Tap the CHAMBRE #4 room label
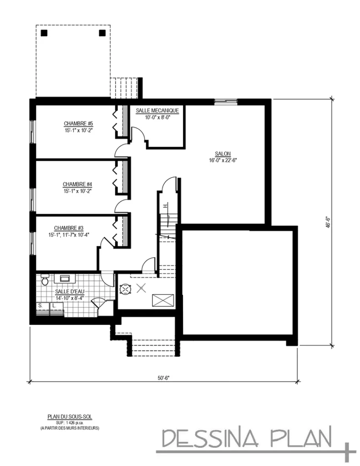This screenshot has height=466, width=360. (x=77, y=185)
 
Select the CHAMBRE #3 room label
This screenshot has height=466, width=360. (x=69, y=228)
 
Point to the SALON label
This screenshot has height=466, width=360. (x=223, y=154)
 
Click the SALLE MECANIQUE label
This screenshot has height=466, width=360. (x=157, y=111)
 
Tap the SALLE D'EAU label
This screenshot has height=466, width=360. (x=70, y=292)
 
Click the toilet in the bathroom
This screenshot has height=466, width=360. (x=45, y=280)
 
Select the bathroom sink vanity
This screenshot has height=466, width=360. (x=65, y=279)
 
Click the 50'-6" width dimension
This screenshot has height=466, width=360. (x=163, y=378)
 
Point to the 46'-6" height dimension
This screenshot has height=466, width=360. (x=328, y=222)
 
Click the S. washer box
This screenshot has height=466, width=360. (x=43, y=309)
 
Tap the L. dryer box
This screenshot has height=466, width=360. (x=56, y=309)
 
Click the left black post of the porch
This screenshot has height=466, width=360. (x=44, y=33)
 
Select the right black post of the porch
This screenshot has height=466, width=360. (x=102, y=33)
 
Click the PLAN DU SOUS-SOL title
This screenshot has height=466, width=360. (x=70, y=417)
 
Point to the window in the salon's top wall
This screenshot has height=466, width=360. (x=226, y=101)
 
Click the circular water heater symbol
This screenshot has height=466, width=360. (x=125, y=289)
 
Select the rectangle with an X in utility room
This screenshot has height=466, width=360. (x=163, y=300)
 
